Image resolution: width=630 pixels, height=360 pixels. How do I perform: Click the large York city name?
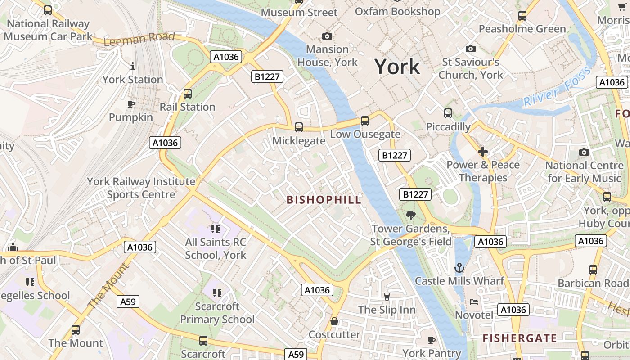[397, 67]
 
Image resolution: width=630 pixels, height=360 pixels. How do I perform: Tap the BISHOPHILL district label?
[324, 200]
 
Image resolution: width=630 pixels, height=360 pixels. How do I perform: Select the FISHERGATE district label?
[520, 338]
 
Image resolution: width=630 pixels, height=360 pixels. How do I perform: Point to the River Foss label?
[557, 86]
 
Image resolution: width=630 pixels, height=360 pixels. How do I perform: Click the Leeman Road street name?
[139, 39]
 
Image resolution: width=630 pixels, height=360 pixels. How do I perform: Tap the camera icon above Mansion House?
[327, 36]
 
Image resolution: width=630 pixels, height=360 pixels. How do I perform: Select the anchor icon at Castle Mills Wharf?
[459, 268]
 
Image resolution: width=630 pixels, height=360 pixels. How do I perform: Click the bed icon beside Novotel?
[474, 301]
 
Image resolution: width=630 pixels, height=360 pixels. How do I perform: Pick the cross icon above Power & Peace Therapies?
[483, 152]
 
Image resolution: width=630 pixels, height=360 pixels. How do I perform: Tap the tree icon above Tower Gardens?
[410, 216]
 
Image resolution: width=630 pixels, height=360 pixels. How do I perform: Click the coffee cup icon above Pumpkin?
[130, 104]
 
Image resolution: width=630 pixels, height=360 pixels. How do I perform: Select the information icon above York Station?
[132, 67]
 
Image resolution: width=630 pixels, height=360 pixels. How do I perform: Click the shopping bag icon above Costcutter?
[334, 321]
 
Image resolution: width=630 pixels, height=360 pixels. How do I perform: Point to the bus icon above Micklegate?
[298, 127]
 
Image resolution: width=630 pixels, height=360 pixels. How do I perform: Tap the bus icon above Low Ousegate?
[365, 121]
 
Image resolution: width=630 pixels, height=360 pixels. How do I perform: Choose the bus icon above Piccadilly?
[448, 113]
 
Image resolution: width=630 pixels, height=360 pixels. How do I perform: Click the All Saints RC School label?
[216, 248]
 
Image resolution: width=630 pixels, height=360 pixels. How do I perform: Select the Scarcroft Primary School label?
[217, 313]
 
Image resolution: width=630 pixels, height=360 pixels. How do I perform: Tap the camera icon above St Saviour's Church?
[471, 49]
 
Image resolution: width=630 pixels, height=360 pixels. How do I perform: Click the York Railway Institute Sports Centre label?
[141, 188]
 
